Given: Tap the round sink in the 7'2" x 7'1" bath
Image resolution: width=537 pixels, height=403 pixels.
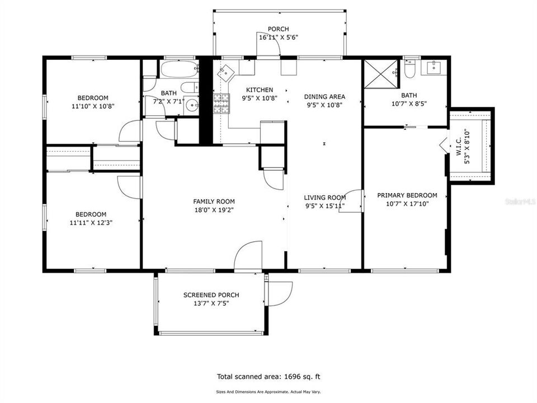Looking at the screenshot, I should [192, 105].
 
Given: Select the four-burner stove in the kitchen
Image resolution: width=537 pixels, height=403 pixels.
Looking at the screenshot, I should [222, 104].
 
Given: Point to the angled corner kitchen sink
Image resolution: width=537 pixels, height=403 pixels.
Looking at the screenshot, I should [226, 73].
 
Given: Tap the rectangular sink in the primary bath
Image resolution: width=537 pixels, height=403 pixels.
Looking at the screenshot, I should [435, 68].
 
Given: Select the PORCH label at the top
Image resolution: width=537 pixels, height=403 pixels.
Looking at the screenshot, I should [278, 29].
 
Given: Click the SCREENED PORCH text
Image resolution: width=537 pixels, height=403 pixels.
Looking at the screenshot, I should [211, 295].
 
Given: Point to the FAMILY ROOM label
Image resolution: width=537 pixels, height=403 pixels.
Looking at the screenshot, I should [214, 201].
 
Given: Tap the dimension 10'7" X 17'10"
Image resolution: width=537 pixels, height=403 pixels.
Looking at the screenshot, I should [407, 205].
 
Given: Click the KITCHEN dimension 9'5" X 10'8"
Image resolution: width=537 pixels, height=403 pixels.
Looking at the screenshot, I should [260, 99].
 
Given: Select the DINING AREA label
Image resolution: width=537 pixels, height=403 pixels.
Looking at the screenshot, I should [324, 96].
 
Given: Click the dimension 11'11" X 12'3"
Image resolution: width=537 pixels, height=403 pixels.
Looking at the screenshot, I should [91, 223].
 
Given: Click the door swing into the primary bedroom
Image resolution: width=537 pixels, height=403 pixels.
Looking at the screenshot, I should [354, 198].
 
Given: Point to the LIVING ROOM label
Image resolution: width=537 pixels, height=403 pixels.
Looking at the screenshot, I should [324, 198].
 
